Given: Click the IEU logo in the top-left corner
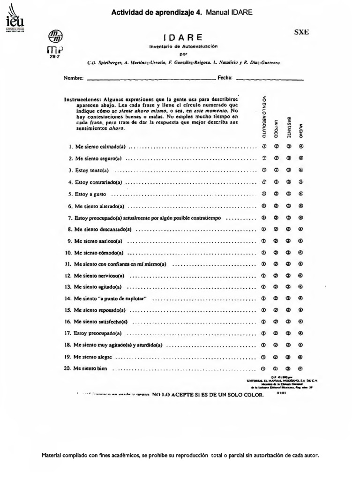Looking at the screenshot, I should [15, 18].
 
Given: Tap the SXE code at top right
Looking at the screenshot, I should [300, 32].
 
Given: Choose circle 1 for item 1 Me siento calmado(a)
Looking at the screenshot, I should [263, 146].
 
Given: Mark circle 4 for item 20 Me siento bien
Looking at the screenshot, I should [300, 368].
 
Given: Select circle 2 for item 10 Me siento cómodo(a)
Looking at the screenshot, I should [276, 252].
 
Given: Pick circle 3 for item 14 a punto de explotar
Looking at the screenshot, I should [288, 298].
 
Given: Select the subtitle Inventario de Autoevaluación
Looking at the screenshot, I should [184, 46].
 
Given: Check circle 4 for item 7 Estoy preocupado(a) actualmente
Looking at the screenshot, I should [300, 218].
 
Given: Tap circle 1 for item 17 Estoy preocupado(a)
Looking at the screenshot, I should [263, 333].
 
